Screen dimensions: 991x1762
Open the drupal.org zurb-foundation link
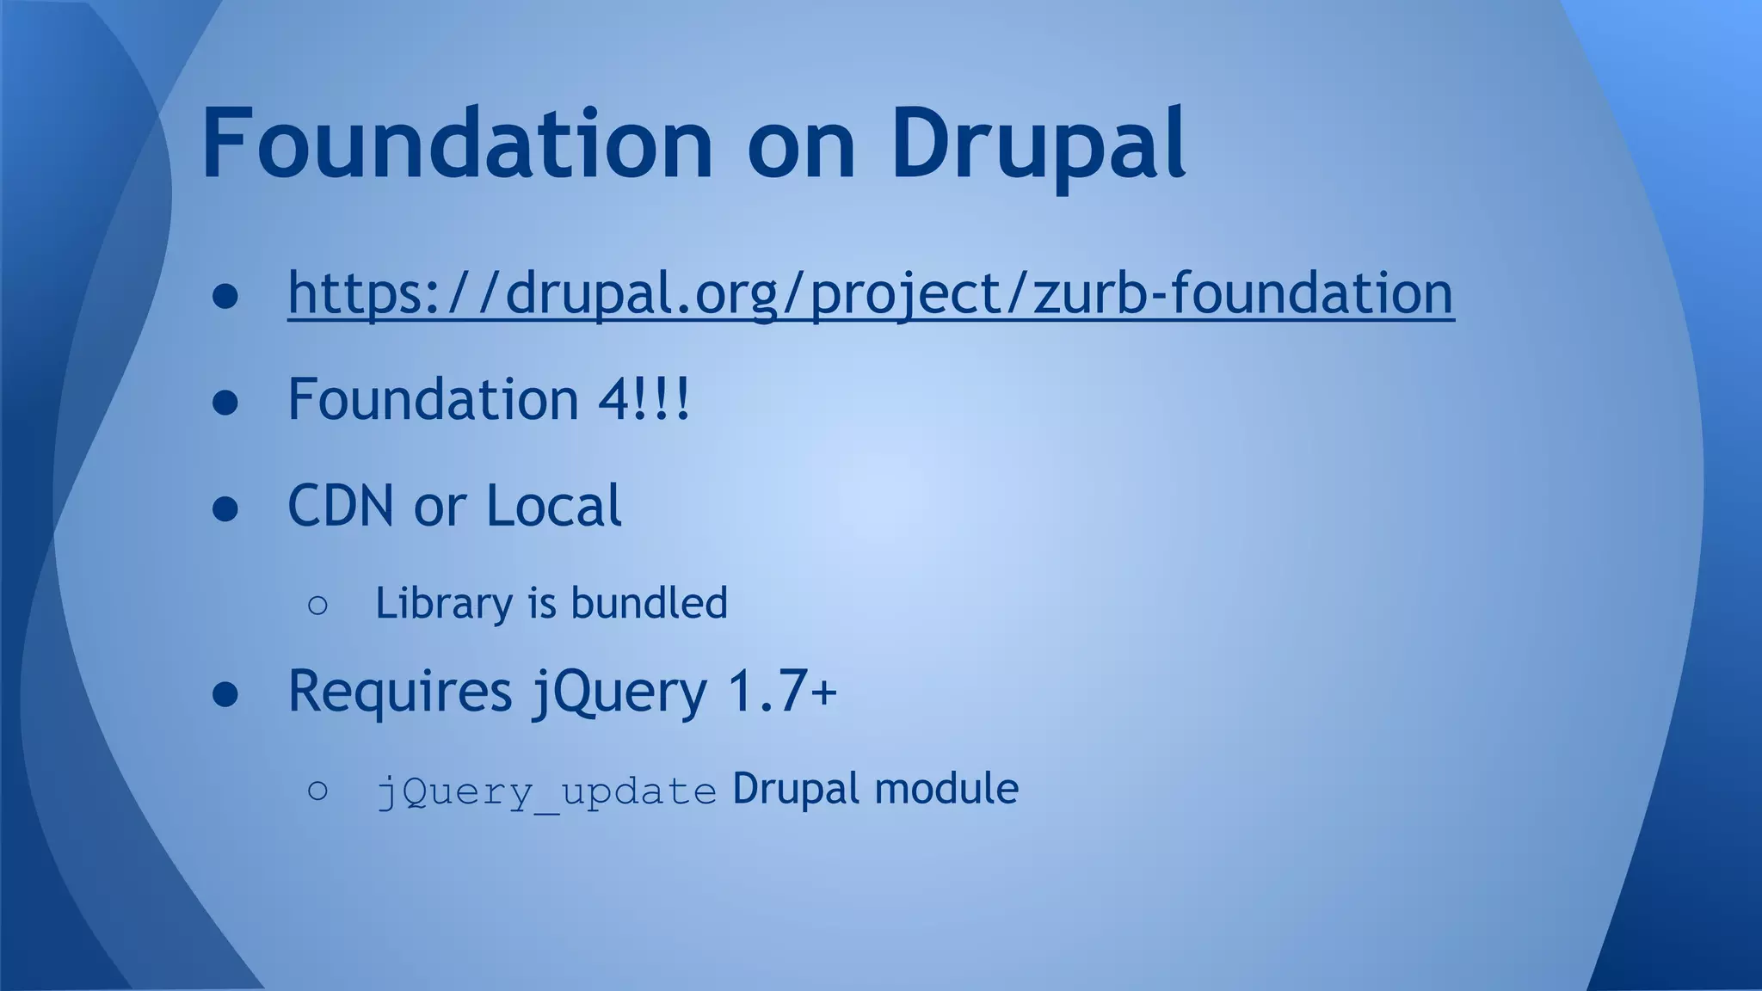(871, 293)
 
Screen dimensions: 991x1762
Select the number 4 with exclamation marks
(644, 399)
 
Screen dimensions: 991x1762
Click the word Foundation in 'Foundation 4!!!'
(433, 399)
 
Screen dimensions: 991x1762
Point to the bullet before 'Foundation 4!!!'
(225, 402)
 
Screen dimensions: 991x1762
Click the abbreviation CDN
(341, 505)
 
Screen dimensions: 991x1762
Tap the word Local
(553, 505)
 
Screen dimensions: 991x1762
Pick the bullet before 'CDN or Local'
(225, 508)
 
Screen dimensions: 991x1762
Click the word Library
(444, 603)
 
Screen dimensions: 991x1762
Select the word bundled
(649, 602)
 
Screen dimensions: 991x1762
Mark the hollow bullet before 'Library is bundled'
(317, 606)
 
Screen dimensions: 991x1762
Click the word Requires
(400, 690)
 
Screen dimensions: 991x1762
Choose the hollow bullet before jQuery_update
(317, 791)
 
